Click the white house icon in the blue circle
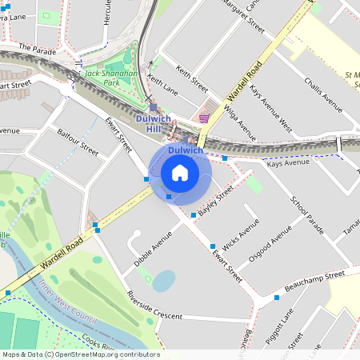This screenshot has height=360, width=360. pyautogui.click(x=180, y=173)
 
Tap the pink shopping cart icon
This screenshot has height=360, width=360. pyautogui.click(x=204, y=118)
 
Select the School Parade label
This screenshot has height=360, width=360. pyautogui.click(x=306, y=214)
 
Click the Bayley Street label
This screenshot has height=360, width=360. pyautogui.click(x=216, y=202)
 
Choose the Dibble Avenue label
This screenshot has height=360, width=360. pyautogui.click(x=153, y=249)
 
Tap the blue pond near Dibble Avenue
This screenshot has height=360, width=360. pyautogui.click(x=163, y=281)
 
